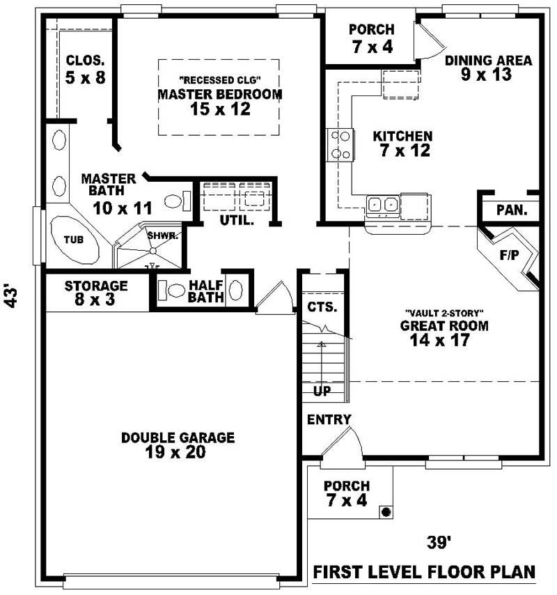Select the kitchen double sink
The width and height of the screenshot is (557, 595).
click(x=382, y=205)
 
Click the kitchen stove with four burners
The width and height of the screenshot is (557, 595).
click(x=340, y=146)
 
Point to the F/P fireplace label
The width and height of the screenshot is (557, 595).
click(x=509, y=255)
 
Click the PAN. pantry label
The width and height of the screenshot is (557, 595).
click(x=512, y=210)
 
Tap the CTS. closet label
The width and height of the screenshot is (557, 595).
click(x=322, y=307)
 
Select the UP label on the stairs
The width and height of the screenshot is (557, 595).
click(x=322, y=392)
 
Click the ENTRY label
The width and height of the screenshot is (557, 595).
click(x=329, y=419)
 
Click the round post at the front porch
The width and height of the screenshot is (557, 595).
click(x=385, y=512)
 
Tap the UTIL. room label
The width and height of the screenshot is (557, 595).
click(x=237, y=220)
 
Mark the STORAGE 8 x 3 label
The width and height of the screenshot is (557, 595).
click(x=96, y=293)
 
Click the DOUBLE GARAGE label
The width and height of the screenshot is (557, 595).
click(x=178, y=445)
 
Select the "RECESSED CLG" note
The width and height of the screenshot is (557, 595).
click(x=219, y=79)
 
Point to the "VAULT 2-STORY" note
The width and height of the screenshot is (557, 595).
click(x=444, y=312)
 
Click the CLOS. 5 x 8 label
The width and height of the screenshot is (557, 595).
click(x=86, y=69)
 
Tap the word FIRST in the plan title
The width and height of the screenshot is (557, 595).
click(x=340, y=573)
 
